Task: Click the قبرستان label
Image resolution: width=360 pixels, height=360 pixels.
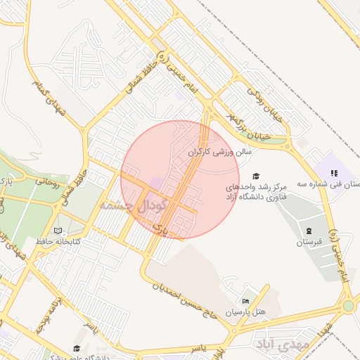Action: pyautogui.click(x=308, y=243)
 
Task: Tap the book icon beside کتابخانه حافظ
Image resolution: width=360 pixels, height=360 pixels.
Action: pyautogui.click(x=58, y=231)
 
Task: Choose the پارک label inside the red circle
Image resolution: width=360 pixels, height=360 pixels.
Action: pyautogui.click(x=160, y=229)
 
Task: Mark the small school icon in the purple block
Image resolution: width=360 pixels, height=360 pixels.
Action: pyautogui.click(x=335, y=172)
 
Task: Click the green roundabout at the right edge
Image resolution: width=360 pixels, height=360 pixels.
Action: pyautogui.click(x=348, y=306)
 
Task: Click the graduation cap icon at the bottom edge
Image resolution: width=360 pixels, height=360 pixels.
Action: pyautogui.click(x=76, y=348)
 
